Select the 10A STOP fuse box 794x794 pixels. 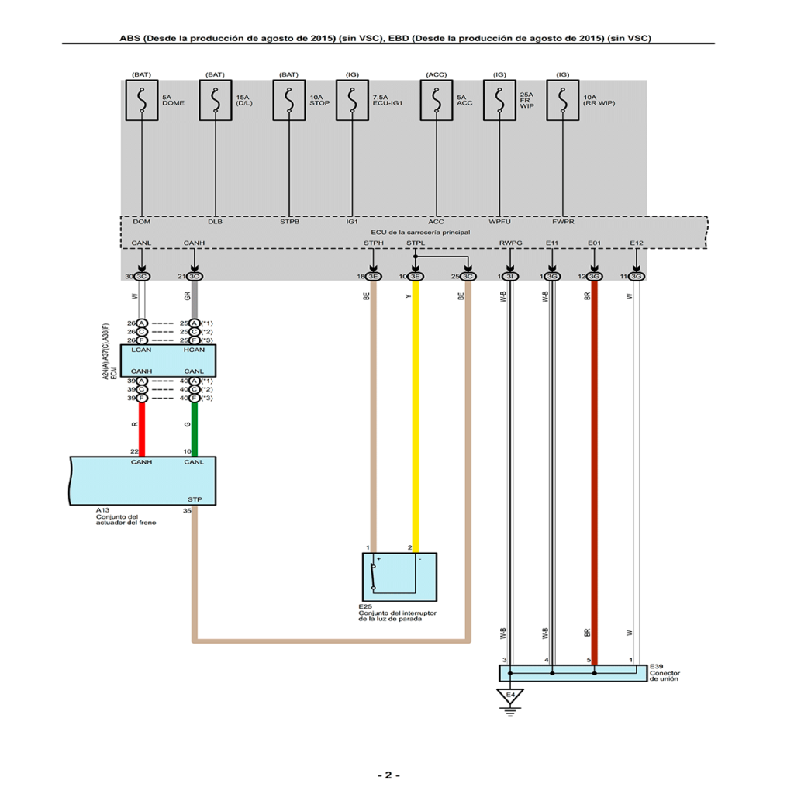(288, 100)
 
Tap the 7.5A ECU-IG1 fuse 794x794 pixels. (352, 100)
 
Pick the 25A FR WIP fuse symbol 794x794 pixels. (499, 100)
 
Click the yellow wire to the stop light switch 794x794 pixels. (415, 419)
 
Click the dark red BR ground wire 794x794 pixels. (594, 465)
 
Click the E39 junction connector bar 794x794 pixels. (572, 672)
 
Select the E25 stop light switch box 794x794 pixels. (399, 575)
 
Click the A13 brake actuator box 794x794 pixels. (143, 480)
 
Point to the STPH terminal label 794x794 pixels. (374, 243)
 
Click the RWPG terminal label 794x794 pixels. (510, 243)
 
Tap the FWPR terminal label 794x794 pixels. (563, 222)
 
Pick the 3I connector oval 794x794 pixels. (510, 276)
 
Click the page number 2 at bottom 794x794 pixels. (388, 775)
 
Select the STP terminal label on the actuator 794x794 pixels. (195, 499)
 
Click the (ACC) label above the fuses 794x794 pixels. (437, 74)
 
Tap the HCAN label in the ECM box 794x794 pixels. (195, 350)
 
